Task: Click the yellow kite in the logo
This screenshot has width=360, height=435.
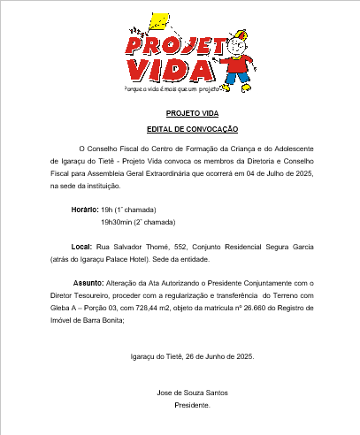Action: (x=160, y=22)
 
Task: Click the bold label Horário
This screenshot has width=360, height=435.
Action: (x=85, y=210)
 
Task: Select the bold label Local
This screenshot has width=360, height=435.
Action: (x=80, y=247)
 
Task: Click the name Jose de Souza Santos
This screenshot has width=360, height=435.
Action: (x=192, y=392)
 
